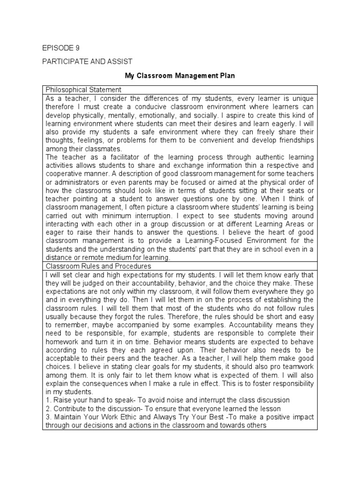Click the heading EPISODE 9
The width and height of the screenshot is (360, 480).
(58, 48)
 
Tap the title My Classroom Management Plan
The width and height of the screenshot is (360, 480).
(180, 75)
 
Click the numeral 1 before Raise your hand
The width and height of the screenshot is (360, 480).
(47, 400)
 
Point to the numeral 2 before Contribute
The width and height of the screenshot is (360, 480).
(47, 408)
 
